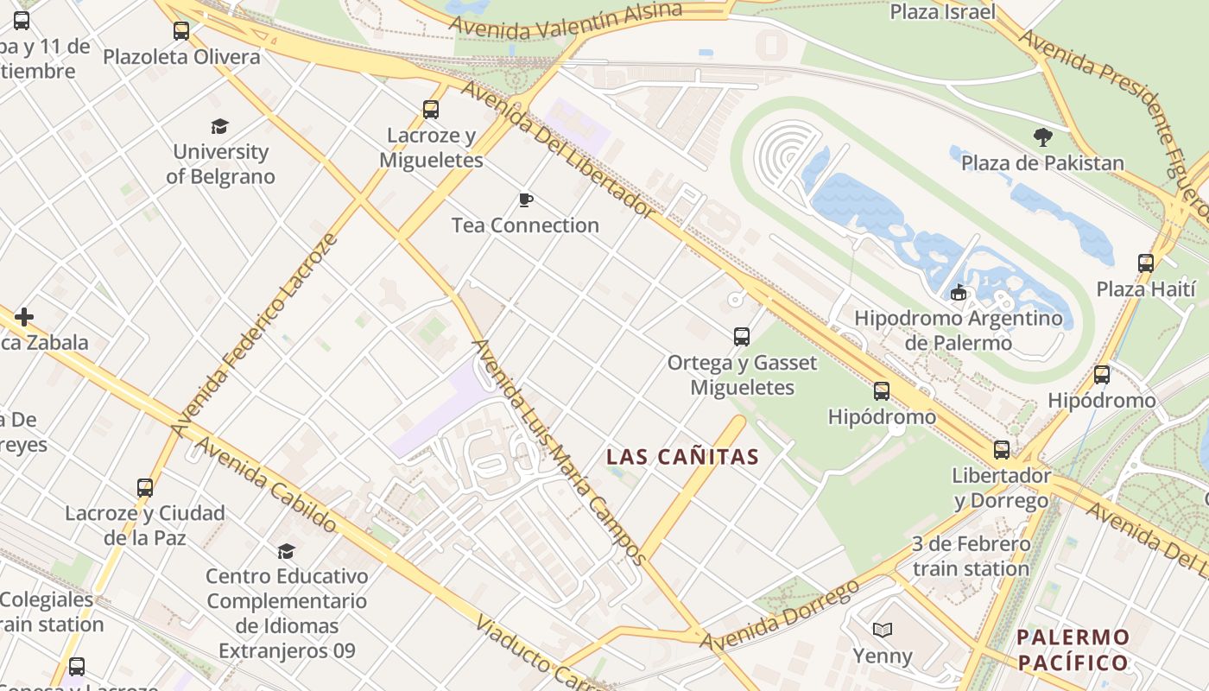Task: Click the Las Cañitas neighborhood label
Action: click(682, 457)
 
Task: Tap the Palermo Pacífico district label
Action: click(1073, 650)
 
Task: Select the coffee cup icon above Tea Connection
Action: click(525, 200)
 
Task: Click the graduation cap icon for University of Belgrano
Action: click(220, 127)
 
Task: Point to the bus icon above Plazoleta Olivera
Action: click(181, 31)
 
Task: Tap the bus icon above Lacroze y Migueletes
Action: click(431, 110)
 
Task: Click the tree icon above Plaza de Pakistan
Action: click(1042, 136)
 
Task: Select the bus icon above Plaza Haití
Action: click(1146, 263)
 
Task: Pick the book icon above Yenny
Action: click(882, 630)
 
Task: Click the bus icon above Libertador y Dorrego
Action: click(1002, 450)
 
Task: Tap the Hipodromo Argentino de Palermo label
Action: click(958, 330)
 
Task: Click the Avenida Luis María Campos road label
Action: click(559, 451)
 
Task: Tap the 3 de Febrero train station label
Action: click(972, 556)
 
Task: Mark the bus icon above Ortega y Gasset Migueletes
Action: click(741, 337)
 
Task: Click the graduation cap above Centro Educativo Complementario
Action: click(286, 551)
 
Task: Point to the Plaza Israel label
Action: click(943, 12)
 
